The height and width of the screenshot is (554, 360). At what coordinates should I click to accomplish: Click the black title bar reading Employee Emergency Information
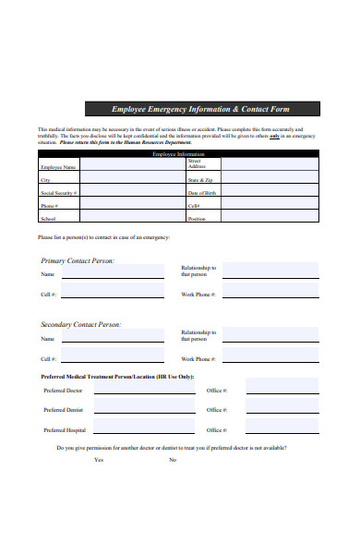[x=201, y=109]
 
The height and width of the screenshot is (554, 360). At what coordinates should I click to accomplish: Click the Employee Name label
[x=58, y=167]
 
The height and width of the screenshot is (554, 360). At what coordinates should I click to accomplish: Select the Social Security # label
[x=58, y=193]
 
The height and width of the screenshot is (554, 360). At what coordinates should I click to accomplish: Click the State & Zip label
[x=200, y=180]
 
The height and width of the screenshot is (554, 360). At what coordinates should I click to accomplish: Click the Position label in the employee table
[x=197, y=219]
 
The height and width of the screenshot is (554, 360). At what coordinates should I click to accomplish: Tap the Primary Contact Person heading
[x=78, y=261]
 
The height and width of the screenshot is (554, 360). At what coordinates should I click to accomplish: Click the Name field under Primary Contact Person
[x=117, y=274]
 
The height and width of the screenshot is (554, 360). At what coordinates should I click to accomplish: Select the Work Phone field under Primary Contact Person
[x=270, y=294]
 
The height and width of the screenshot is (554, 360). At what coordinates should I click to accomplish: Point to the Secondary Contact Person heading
[x=81, y=324]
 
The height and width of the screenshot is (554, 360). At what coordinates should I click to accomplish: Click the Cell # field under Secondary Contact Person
[x=117, y=358]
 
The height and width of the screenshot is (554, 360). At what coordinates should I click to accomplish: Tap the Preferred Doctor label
[x=63, y=391]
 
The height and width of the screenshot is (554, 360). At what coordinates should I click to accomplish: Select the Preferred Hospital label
[x=65, y=430]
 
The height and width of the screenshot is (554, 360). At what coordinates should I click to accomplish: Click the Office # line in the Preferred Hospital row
[x=282, y=431]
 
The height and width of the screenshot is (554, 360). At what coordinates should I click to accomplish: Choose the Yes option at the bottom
[x=98, y=459]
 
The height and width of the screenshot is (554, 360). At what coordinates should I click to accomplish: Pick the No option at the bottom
[x=173, y=459]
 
